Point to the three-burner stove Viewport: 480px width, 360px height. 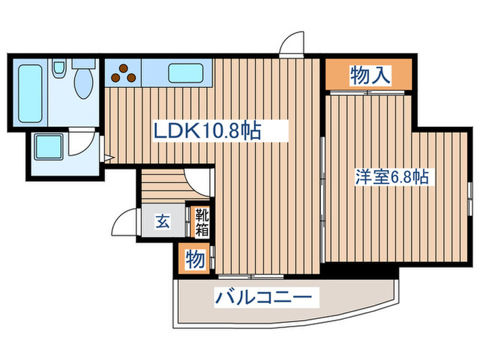[123, 72]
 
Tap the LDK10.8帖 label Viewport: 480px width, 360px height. [211, 130]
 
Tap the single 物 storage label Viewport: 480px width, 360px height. [194, 260]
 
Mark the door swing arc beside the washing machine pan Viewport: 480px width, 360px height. [84, 145]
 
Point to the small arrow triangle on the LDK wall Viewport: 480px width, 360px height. [108, 158]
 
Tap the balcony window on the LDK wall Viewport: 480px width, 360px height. [250, 276]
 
